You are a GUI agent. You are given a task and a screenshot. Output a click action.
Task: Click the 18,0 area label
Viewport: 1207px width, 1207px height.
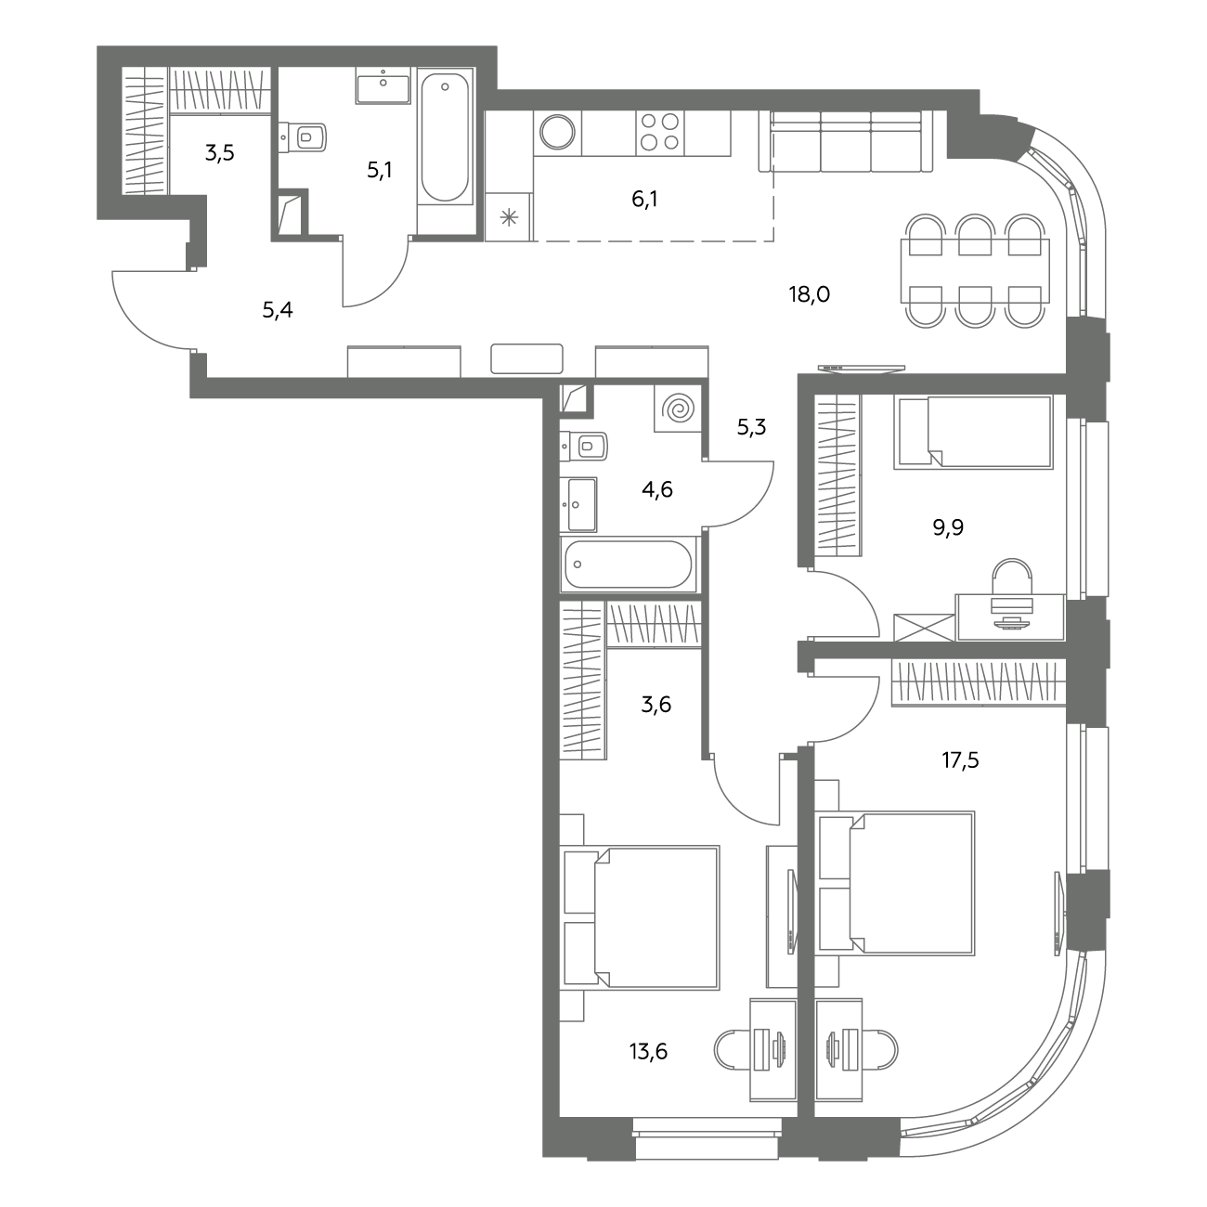coord(810,293)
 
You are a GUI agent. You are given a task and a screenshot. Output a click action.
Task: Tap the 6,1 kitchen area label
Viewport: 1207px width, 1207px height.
coord(644,200)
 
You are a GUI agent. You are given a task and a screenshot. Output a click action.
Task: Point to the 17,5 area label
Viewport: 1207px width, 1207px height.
coord(960,760)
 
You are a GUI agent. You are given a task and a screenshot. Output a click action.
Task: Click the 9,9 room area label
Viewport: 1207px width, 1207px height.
coord(948,527)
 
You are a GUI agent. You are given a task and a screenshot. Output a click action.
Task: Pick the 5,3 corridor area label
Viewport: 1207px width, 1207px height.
coord(751,427)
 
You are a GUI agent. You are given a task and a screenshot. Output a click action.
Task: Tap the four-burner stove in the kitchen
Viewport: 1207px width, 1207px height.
coord(660,132)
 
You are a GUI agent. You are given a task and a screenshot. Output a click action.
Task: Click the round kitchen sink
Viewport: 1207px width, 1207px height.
coord(557,132)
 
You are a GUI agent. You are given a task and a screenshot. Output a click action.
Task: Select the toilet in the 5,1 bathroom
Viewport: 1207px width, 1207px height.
coord(304,137)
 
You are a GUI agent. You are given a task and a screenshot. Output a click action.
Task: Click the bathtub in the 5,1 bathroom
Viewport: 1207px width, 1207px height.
coord(445,137)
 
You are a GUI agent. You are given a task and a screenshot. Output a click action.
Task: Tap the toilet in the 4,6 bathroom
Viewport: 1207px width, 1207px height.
coord(584,446)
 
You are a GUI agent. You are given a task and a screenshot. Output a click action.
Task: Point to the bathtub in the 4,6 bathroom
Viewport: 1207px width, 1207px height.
coord(629,564)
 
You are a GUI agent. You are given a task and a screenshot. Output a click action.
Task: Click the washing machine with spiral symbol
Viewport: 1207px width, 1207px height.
coord(678,409)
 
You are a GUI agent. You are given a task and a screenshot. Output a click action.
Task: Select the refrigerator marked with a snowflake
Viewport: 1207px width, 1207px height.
coord(509,217)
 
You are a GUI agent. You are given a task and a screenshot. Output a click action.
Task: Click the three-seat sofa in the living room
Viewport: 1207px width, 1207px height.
coord(846,141)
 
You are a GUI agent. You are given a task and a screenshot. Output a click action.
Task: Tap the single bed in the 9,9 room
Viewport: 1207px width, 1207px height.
coord(973,432)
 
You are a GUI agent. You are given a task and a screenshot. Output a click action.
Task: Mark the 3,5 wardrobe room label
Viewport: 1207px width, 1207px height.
coord(219,153)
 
